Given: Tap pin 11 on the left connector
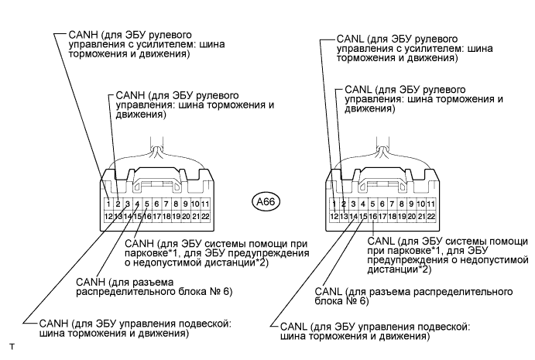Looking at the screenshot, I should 205,204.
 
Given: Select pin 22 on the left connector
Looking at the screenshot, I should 205,217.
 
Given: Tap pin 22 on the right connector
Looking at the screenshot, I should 431,217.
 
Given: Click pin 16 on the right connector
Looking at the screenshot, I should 373,217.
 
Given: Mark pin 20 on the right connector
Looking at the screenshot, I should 412,217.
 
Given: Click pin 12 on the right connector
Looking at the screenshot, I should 334,217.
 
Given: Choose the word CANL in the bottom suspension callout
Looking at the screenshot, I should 294,327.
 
